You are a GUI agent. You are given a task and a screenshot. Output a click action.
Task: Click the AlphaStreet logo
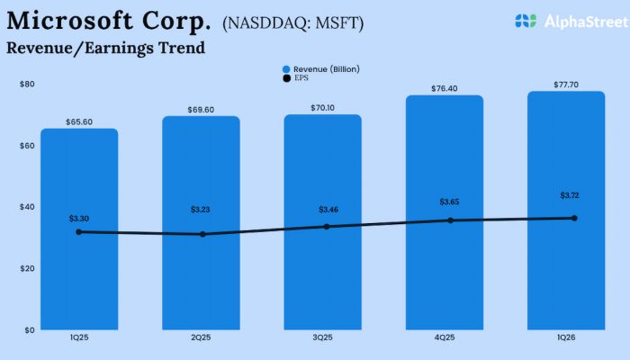pyautogui.click(x=563, y=21)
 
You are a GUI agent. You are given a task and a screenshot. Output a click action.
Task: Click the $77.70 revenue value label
pyautogui.click(x=566, y=83)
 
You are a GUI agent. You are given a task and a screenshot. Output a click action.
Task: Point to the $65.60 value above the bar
pyautogui.click(x=79, y=121)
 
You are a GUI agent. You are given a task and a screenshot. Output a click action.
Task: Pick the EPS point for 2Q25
pyautogui.click(x=202, y=234)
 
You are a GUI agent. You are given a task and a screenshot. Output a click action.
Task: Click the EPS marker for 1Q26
pyautogui.click(x=574, y=218)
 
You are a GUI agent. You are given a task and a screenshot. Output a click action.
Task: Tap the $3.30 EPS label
pyautogui.click(x=80, y=218)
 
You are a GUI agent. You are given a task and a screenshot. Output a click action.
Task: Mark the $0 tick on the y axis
pyautogui.click(x=30, y=329)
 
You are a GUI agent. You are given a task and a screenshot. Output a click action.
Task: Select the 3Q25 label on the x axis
pyautogui.click(x=322, y=337)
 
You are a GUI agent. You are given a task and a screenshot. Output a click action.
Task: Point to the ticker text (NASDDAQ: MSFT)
pyautogui.click(x=292, y=22)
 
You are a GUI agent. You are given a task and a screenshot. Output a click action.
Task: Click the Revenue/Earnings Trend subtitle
pyautogui.click(x=106, y=48)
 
